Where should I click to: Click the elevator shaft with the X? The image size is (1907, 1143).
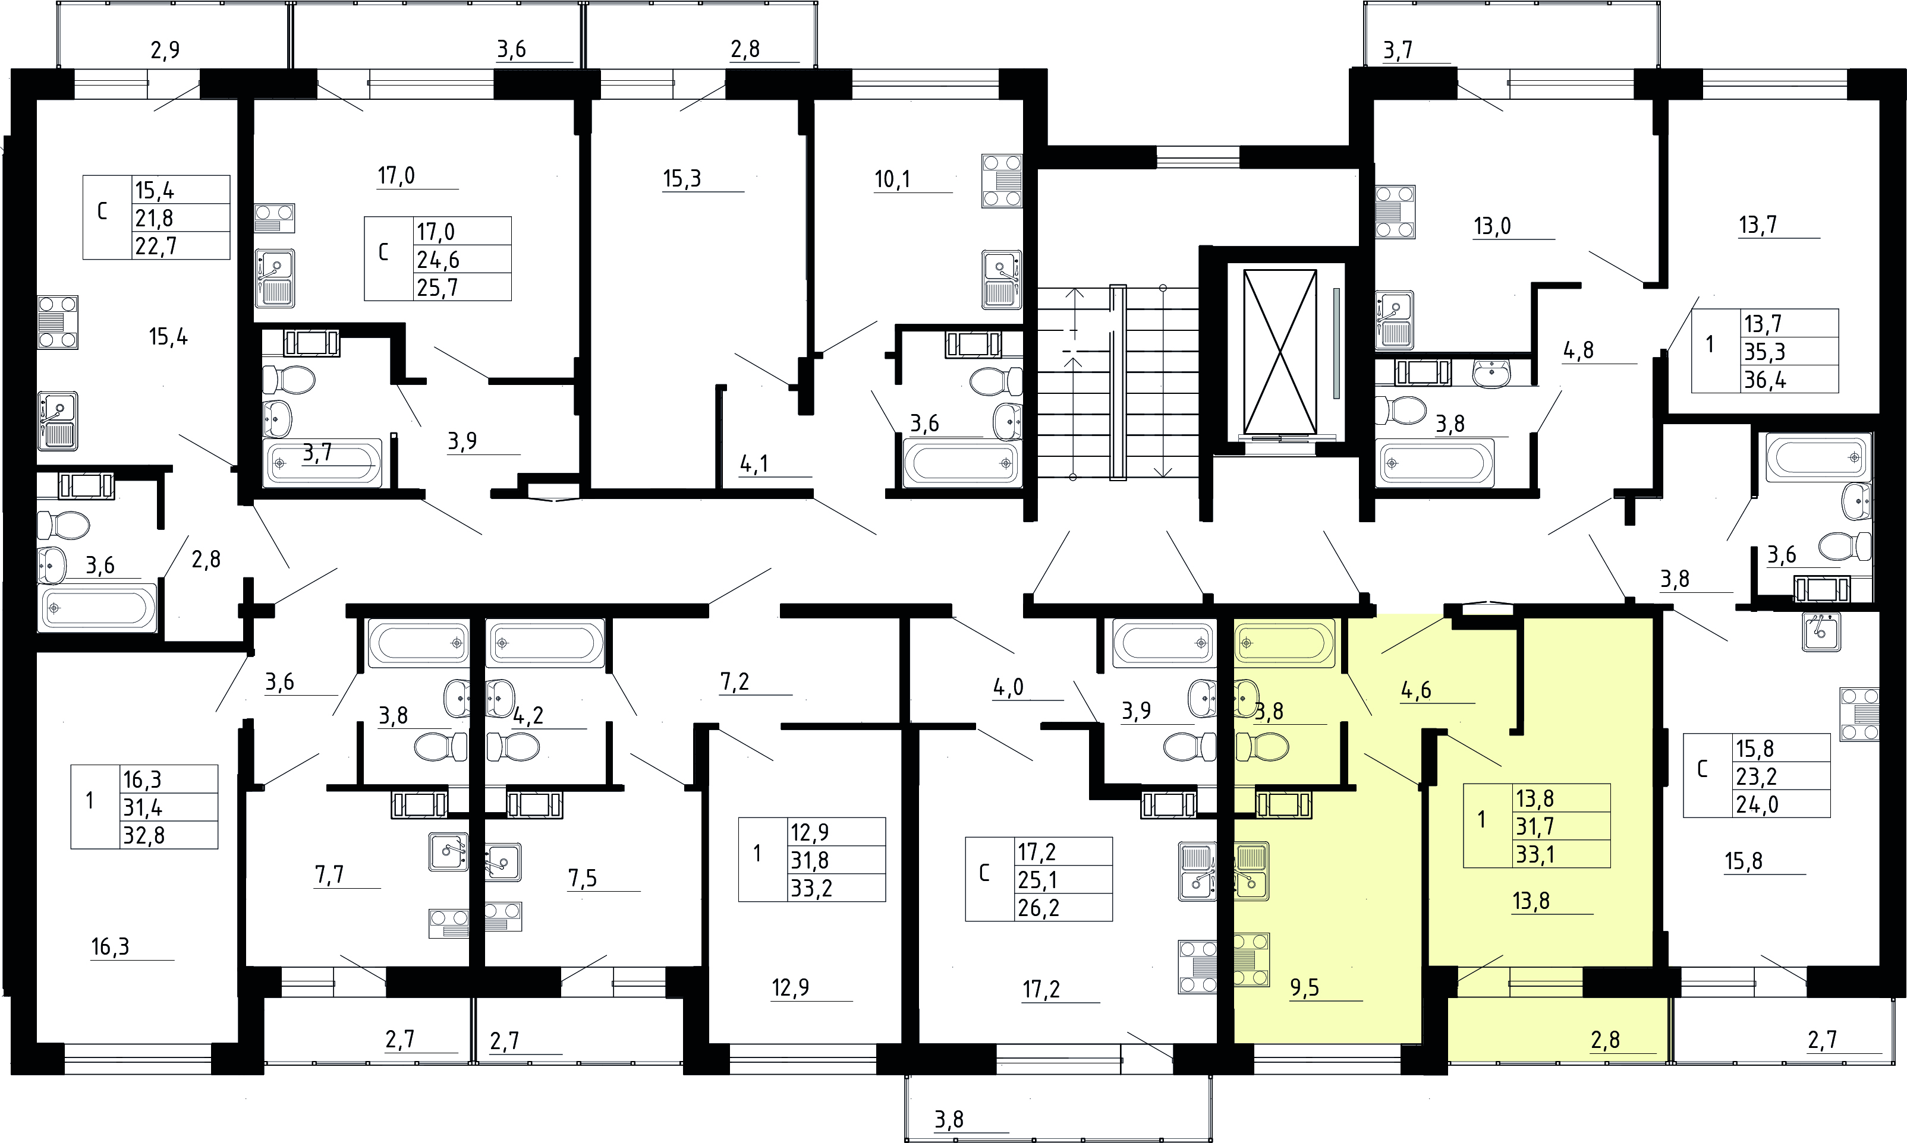[x=1280, y=351]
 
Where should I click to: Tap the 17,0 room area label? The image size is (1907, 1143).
[x=396, y=176]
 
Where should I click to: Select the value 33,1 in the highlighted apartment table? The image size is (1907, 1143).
[x=1535, y=854]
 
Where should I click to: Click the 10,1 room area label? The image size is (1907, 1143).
[x=892, y=179]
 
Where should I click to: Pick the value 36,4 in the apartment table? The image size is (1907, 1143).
[x=1764, y=380]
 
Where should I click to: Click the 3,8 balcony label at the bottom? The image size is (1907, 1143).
[x=949, y=1119]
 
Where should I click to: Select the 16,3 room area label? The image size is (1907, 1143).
[x=110, y=946]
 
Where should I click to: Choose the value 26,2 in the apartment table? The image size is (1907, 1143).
[x=1039, y=908]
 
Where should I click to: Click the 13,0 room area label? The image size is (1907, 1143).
[x=1493, y=226]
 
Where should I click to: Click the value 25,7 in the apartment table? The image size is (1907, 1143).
[x=438, y=288]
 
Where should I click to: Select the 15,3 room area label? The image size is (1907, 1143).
[x=682, y=179]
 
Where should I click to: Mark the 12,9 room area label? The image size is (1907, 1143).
[x=791, y=987]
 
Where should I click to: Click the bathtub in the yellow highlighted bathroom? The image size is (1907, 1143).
[x=1285, y=642]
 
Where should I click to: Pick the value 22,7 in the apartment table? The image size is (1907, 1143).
[x=156, y=247]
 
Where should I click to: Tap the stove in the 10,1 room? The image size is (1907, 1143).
[x=1002, y=181]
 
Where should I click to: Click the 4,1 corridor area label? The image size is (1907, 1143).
[x=754, y=463]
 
